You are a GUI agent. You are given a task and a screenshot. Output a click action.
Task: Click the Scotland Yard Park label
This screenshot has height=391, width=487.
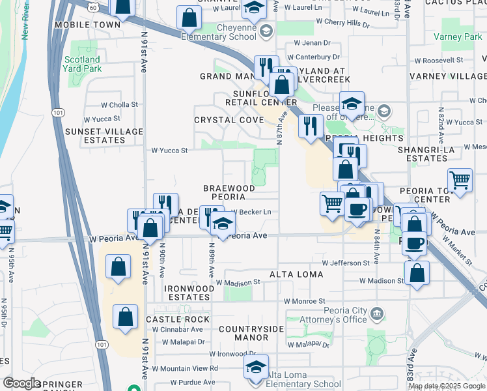(83, 64)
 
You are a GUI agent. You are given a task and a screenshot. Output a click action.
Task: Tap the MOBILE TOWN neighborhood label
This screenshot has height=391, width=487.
(88, 25)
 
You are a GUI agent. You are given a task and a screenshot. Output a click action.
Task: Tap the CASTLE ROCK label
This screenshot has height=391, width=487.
(178, 319)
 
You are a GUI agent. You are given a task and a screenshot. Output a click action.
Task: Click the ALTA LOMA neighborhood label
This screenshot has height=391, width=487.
(296, 274)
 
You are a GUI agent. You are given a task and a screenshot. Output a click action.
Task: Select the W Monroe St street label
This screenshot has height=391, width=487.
(304, 301)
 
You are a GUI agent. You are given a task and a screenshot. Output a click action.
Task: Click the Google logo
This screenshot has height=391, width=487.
(21, 383)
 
